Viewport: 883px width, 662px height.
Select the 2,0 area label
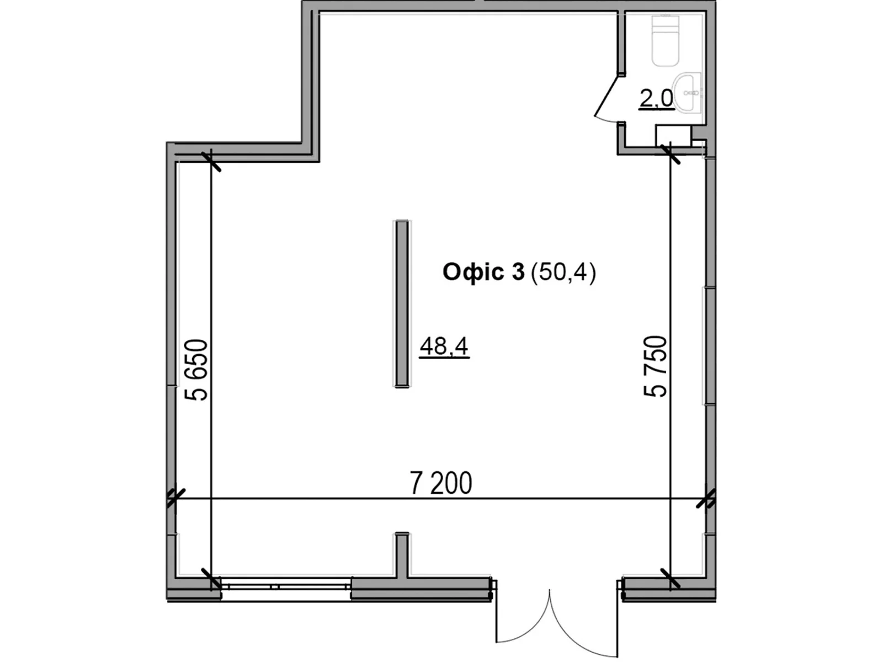coord(657,99)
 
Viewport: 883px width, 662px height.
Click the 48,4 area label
coord(444,346)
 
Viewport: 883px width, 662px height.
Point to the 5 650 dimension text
coord(196,370)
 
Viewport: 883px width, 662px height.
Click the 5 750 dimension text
coord(655,366)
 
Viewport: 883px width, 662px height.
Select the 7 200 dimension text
coord(441,483)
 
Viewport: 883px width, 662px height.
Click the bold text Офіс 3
coord(483,272)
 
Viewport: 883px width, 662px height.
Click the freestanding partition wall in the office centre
coord(401,304)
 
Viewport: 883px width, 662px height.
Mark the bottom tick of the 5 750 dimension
coord(670,578)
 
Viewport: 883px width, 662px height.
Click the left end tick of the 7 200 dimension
coord(175,498)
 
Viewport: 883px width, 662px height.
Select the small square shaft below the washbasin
coord(673,136)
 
